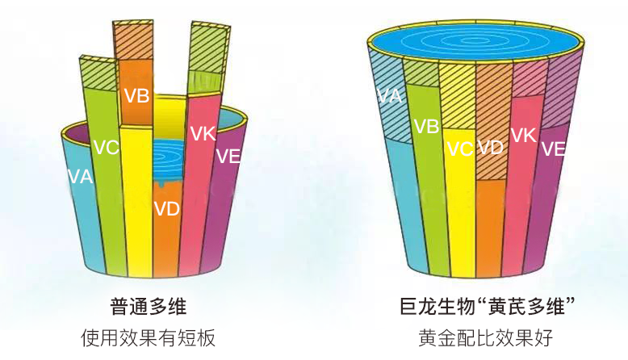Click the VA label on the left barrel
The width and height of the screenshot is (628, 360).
(x=80, y=177)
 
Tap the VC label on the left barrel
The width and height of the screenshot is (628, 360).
(x=107, y=148)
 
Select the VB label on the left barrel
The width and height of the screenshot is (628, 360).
(x=136, y=96)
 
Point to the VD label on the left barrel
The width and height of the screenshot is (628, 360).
(x=166, y=208)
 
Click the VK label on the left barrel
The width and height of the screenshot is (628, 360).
(x=203, y=133)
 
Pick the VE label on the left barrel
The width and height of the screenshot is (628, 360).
(x=228, y=156)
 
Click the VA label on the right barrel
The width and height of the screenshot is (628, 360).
(x=389, y=96)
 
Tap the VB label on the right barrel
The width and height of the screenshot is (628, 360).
(x=426, y=126)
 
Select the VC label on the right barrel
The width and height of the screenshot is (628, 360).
(x=459, y=149)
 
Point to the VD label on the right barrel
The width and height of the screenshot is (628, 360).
(x=490, y=148)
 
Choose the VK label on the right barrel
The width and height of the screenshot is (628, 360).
(x=524, y=135)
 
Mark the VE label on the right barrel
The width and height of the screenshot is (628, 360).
(x=553, y=149)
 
